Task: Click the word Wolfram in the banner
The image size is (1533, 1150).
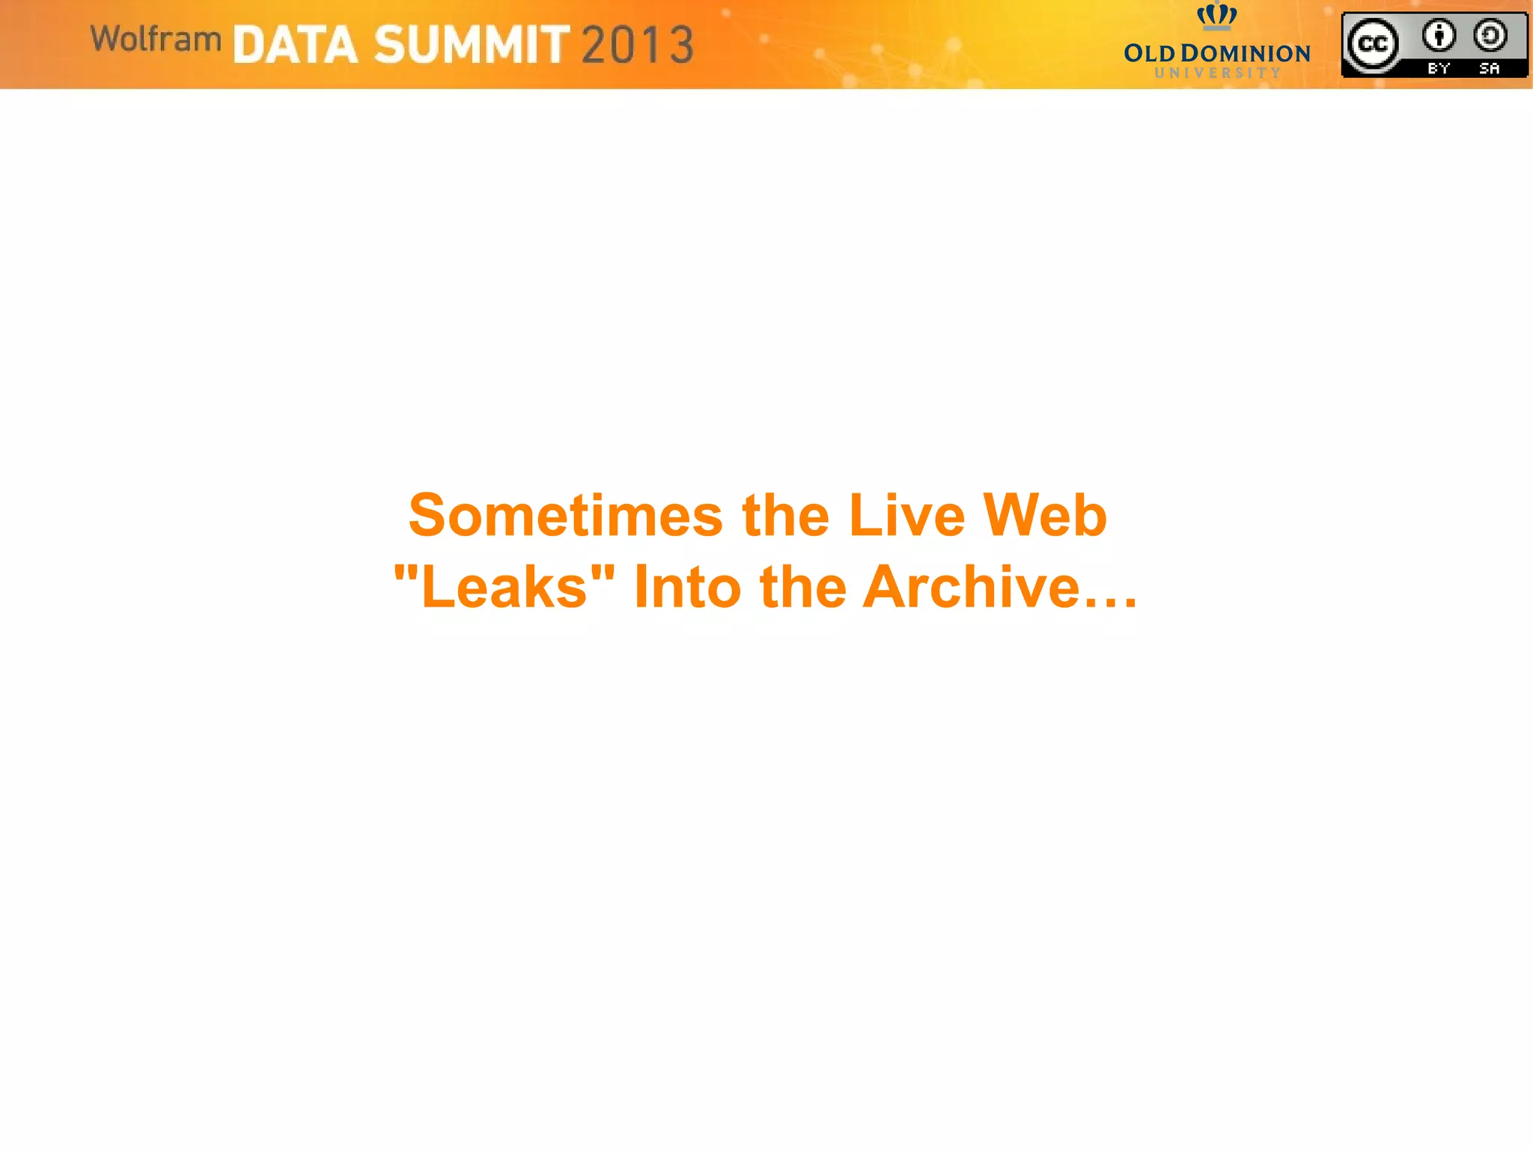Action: [156, 39]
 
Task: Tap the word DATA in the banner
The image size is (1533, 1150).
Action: [295, 45]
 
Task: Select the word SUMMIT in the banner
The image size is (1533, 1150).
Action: [472, 45]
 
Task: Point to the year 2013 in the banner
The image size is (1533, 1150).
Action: [638, 45]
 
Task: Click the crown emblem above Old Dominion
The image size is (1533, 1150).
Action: [1216, 15]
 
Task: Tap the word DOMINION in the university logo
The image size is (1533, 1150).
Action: [1245, 54]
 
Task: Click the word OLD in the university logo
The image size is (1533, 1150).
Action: [1149, 54]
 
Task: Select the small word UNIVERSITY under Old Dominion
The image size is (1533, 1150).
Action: [1217, 73]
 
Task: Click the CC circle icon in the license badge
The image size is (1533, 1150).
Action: [1372, 44]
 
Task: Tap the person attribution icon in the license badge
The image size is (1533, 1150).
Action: [1439, 35]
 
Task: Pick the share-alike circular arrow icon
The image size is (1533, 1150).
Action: [1490, 35]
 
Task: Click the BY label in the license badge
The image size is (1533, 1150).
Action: [1439, 68]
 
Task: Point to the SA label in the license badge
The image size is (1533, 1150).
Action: [1489, 68]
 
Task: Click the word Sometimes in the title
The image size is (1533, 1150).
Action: [565, 516]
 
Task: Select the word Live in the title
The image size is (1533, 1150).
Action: [906, 516]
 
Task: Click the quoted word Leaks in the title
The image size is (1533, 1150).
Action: [504, 587]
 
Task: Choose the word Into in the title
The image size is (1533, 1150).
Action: [687, 587]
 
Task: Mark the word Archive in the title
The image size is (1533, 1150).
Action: [971, 587]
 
